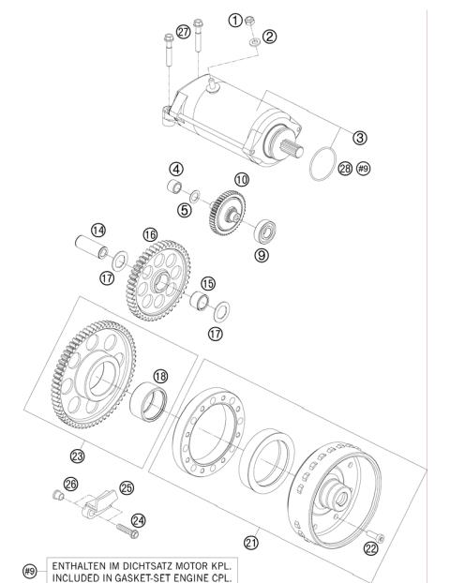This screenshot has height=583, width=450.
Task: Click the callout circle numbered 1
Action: [236, 20]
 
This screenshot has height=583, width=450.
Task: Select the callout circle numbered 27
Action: [183, 33]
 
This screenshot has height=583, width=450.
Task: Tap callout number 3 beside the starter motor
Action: [359, 137]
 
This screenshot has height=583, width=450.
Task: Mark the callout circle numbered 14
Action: [97, 230]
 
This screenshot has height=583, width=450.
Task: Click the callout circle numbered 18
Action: [160, 375]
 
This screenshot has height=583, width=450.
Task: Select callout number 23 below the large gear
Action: [78, 456]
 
